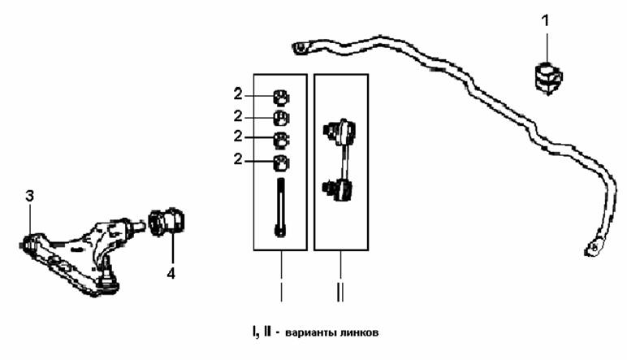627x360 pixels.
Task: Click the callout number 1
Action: [x=546, y=20]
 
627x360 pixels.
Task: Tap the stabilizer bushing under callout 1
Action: [x=548, y=77]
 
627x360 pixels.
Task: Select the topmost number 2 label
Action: [x=238, y=94]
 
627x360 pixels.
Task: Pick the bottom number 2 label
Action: [x=238, y=159]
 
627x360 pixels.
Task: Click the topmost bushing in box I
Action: [x=282, y=98]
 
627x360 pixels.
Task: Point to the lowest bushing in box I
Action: [x=282, y=163]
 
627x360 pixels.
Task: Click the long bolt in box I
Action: [x=281, y=206]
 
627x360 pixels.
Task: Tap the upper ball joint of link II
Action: [x=339, y=131]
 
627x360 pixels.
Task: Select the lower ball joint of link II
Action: [x=337, y=189]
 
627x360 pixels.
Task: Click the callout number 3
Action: [x=29, y=197]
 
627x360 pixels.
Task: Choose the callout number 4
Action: [x=171, y=274]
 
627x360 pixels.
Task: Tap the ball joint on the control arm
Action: [x=107, y=276]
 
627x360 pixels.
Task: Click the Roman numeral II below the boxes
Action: [x=340, y=293]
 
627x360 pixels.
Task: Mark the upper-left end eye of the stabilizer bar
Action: [x=300, y=49]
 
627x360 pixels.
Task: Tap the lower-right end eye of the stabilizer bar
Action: [x=595, y=248]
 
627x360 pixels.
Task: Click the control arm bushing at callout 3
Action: [x=28, y=244]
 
